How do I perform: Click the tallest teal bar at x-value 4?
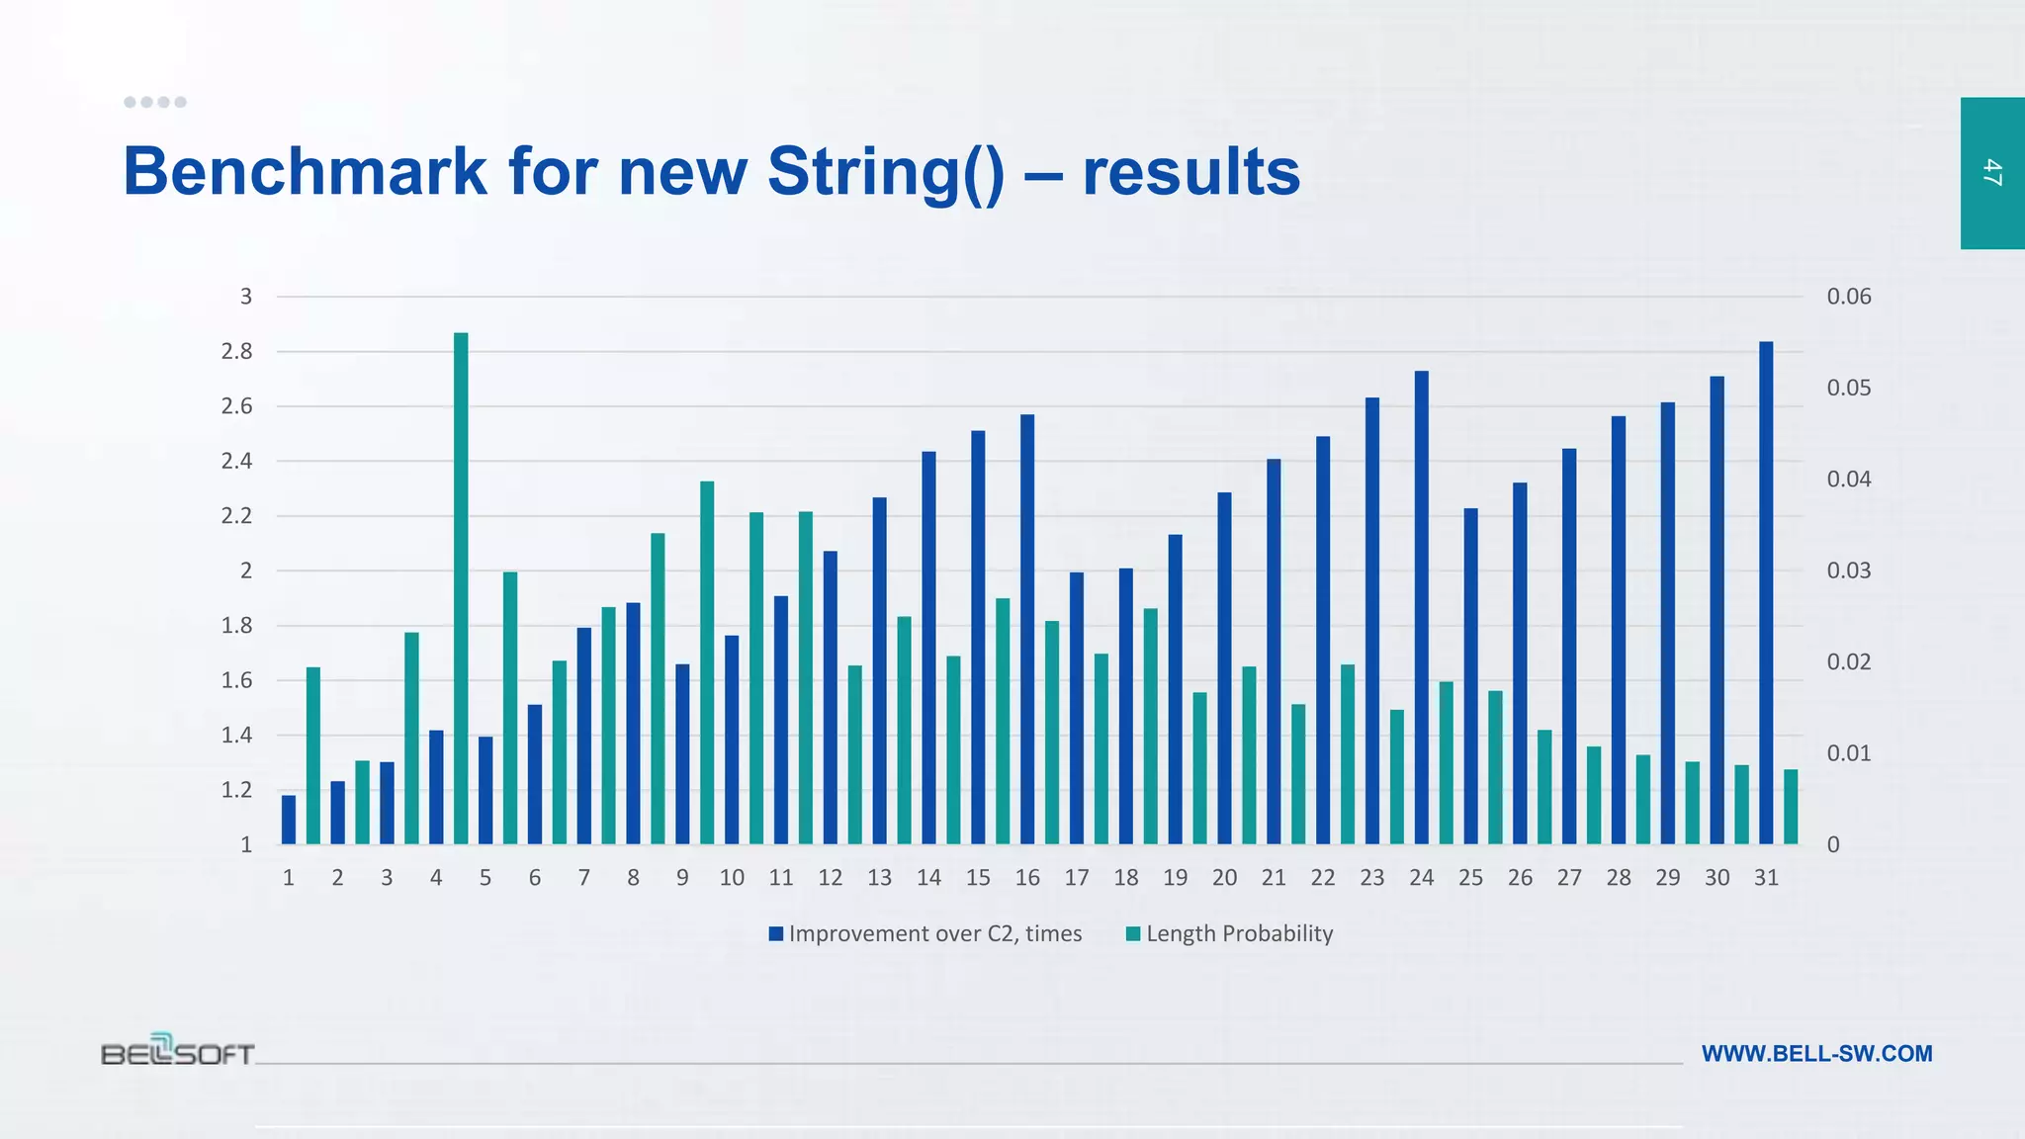461,588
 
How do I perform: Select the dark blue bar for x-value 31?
1766,593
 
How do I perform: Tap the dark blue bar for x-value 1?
289,820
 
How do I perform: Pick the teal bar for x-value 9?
707,662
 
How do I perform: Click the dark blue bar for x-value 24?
1421,608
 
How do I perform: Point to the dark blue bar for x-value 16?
1027,630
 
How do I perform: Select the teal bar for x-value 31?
1791,807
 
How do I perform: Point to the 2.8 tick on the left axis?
236,352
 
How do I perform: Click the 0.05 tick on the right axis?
1848,388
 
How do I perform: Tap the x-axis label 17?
1077,878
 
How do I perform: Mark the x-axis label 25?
1470,878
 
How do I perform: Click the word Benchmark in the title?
305,172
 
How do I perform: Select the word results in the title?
1190,172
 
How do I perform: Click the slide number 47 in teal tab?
1992,173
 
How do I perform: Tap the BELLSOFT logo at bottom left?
178,1051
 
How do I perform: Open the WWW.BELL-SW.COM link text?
1816,1054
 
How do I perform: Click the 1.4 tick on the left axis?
236,735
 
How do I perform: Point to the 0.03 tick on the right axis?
1848,570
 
